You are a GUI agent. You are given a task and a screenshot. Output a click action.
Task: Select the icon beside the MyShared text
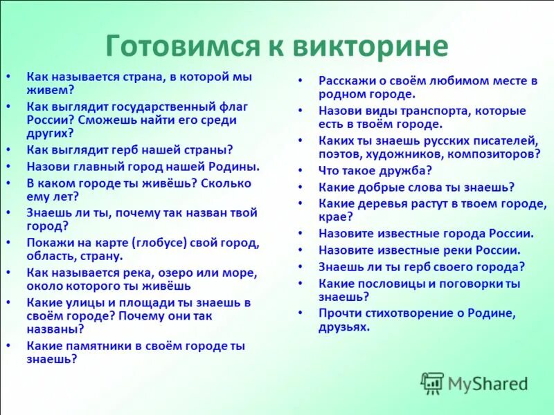pos(432,383)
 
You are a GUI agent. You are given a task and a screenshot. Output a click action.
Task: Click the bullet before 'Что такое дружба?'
pos(301,170)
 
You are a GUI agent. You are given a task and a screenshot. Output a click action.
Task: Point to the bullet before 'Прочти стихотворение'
pos(301,313)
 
